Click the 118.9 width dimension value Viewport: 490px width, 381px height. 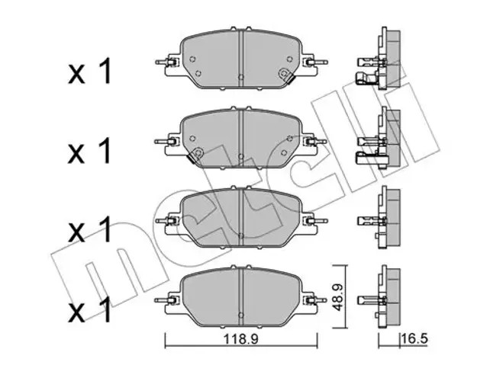click(x=240, y=339)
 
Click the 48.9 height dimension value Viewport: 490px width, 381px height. click(x=338, y=296)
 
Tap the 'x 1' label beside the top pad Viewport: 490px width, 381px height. click(x=90, y=71)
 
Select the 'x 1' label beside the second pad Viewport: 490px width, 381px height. click(x=90, y=150)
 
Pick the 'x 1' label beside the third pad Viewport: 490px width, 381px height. click(x=90, y=229)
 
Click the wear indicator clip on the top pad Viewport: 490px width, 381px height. click(x=286, y=75)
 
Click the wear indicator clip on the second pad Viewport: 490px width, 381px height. click(x=195, y=154)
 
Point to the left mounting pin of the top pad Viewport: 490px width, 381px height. click(x=164, y=62)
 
